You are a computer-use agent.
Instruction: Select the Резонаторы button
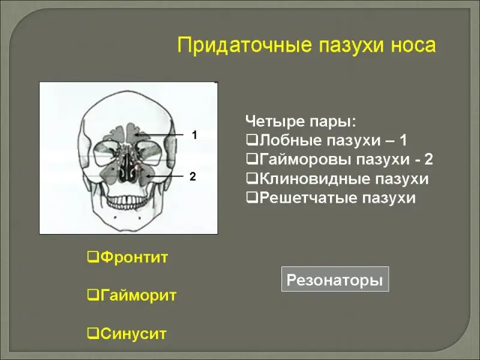(x=335, y=279)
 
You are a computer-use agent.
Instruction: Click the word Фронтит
(x=134, y=257)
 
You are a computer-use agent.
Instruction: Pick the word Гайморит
(x=139, y=295)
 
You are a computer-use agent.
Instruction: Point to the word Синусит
(x=133, y=334)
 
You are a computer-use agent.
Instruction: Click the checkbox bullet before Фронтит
(x=93, y=257)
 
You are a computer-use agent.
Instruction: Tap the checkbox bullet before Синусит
(x=93, y=334)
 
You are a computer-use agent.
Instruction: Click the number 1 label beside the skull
(x=194, y=134)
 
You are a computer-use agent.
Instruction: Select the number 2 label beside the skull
(x=193, y=176)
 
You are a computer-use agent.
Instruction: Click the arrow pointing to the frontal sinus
(x=158, y=134)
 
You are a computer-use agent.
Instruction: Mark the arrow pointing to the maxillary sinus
(x=164, y=176)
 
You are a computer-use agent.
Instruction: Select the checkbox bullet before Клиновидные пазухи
(x=252, y=179)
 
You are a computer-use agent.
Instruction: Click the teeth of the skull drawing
(x=125, y=201)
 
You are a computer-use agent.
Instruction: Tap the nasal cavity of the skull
(x=126, y=169)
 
